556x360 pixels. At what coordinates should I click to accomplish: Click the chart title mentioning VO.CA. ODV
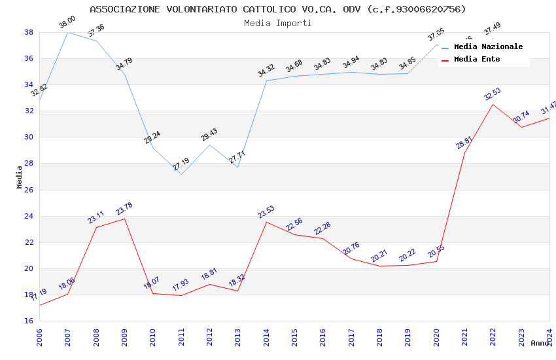tap(278, 9)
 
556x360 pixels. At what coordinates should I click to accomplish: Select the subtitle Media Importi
tap(278, 23)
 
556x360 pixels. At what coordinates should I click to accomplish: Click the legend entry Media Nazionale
tap(488, 47)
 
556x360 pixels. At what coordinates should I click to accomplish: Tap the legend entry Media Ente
tap(477, 60)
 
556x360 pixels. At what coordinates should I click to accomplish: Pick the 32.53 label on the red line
tap(493, 94)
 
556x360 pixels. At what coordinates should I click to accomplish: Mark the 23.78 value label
tap(124, 209)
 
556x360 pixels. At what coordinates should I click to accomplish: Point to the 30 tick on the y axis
tap(29, 137)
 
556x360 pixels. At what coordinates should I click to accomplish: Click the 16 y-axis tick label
tap(29, 321)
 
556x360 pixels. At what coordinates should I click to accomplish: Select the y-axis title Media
tap(20, 177)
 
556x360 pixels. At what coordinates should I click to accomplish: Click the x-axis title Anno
tap(540, 343)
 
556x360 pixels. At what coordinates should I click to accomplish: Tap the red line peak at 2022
tap(493, 104)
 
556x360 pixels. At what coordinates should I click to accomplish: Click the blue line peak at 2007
tap(68, 32)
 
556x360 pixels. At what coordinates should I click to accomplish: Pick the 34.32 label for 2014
tap(266, 71)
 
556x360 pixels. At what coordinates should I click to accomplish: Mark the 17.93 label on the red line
tap(181, 285)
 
